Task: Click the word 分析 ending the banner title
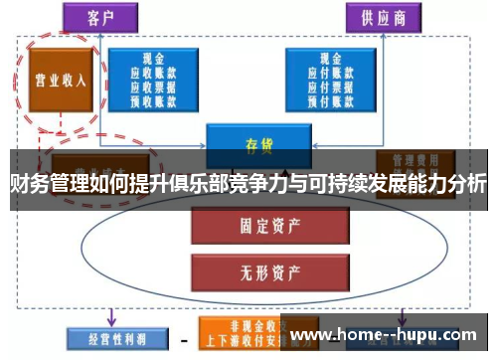coord(468,184)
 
